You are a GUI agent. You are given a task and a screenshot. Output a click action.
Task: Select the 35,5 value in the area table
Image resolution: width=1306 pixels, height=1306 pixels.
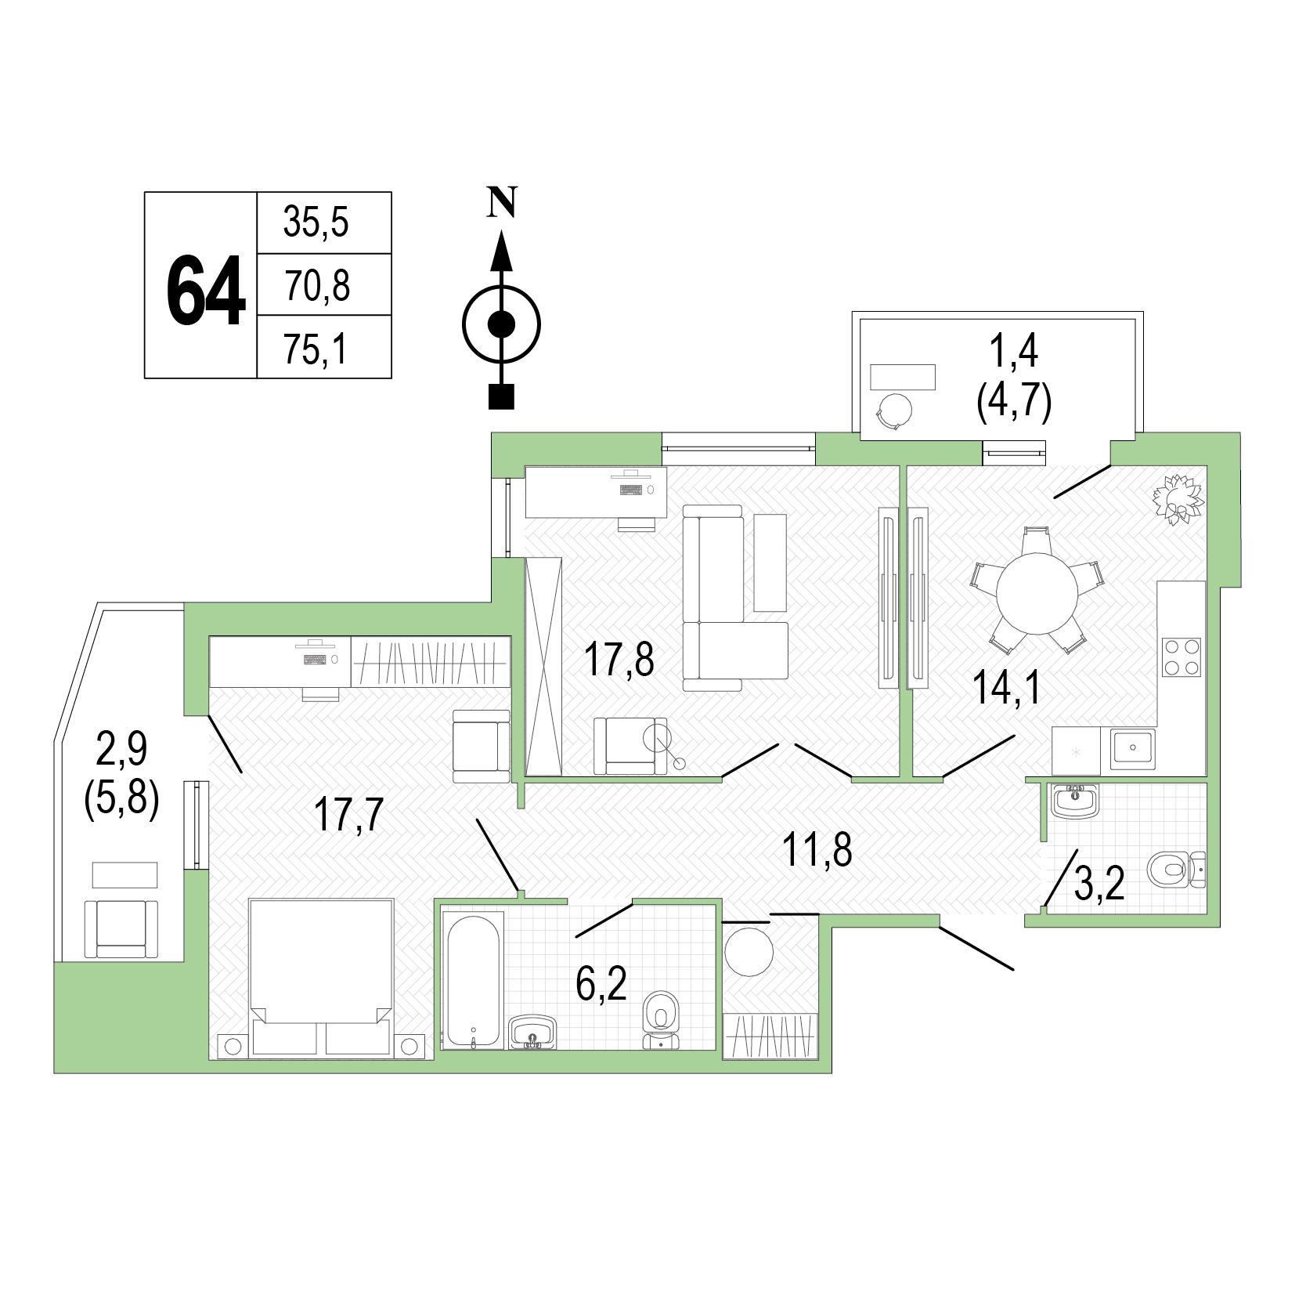[316, 223]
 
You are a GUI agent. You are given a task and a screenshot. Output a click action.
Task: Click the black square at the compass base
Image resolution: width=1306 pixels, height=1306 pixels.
[501, 397]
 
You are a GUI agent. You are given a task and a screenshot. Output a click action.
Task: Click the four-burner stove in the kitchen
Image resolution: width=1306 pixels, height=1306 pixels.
[1182, 657]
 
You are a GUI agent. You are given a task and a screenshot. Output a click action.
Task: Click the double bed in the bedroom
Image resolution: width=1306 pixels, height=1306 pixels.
[321, 979]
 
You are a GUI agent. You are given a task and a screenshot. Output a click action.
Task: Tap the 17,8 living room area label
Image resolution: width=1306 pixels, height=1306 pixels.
[619, 659]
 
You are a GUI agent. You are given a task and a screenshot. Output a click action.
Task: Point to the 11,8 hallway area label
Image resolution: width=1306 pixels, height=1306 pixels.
[818, 850]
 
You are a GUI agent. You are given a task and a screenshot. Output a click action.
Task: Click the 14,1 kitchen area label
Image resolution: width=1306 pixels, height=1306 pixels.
[1007, 689]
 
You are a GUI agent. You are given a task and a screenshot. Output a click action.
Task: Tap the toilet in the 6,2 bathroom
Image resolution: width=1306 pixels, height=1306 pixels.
[661, 1019]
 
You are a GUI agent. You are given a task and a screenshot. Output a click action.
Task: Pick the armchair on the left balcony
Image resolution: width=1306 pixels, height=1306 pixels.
[121, 928]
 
